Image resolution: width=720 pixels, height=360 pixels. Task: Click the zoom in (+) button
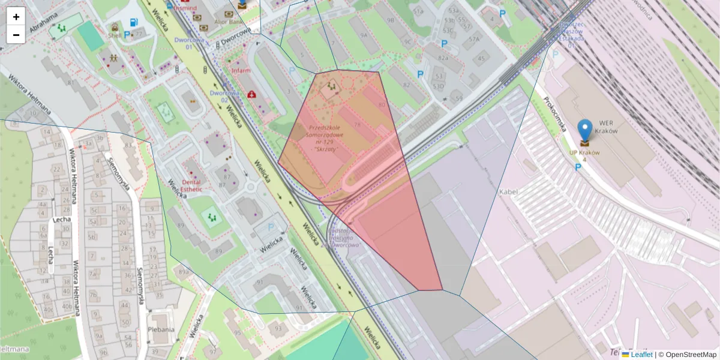16,16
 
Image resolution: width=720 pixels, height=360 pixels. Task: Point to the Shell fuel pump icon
133,23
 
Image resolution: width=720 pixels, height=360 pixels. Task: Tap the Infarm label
241,70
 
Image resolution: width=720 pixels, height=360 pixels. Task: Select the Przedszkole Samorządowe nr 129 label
325,137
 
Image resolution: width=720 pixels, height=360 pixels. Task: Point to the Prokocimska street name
555,114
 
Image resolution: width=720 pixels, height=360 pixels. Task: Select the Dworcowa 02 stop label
225,96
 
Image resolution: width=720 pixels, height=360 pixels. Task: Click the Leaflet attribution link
641,355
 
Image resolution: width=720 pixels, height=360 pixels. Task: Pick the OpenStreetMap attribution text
691,355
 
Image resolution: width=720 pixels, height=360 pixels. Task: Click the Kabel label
508,191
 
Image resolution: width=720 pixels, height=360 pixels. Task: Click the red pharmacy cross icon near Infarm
253,94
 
